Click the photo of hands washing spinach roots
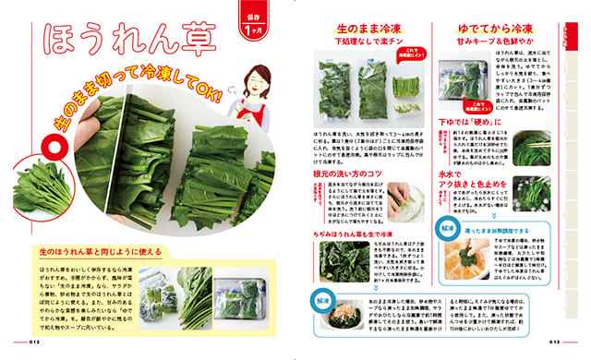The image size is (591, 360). click(399, 198)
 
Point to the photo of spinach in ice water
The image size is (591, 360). click(533, 194)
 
